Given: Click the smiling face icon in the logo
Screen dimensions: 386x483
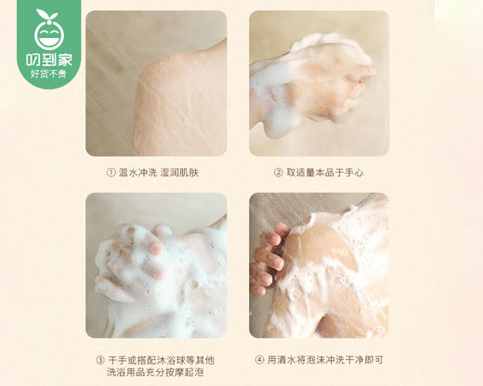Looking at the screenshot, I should point(45,35).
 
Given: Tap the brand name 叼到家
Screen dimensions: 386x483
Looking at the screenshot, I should point(45,62).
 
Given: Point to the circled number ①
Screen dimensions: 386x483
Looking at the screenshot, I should point(111,173).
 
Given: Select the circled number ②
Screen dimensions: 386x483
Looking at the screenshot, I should point(277,173).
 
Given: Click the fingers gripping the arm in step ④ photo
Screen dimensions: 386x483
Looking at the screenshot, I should point(267,260).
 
